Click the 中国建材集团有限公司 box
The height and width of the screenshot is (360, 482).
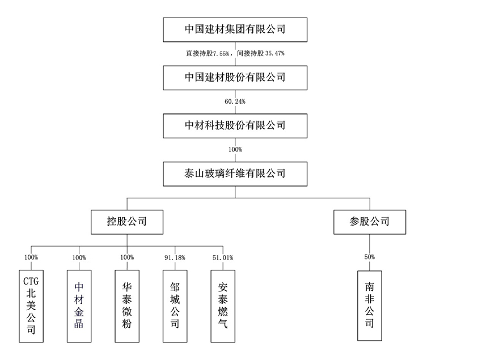[235, 29]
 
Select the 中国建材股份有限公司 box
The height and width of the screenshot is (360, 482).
[235, 78]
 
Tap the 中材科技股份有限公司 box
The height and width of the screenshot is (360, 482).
[235, 126]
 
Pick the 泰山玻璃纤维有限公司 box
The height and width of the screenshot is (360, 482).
[235, 174]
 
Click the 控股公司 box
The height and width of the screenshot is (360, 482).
[127, 222]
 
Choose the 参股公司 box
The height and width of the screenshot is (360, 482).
[370, 222]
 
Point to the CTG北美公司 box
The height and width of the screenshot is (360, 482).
[31, 306]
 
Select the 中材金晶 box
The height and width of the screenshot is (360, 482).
[79, 306]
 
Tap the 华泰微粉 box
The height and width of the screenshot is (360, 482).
[127, 306]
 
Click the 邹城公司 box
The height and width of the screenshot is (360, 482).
[175, 306]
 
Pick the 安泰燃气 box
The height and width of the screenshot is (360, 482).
[222, 306]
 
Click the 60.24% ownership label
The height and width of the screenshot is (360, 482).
[235, 101]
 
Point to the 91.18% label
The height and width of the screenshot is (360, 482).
[175, 257]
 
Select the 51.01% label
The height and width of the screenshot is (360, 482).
[222, 257]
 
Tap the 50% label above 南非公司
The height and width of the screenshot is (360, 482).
[370, 257]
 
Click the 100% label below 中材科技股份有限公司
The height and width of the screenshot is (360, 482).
[235, 150]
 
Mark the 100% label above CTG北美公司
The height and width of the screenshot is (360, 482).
[31, 257]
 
